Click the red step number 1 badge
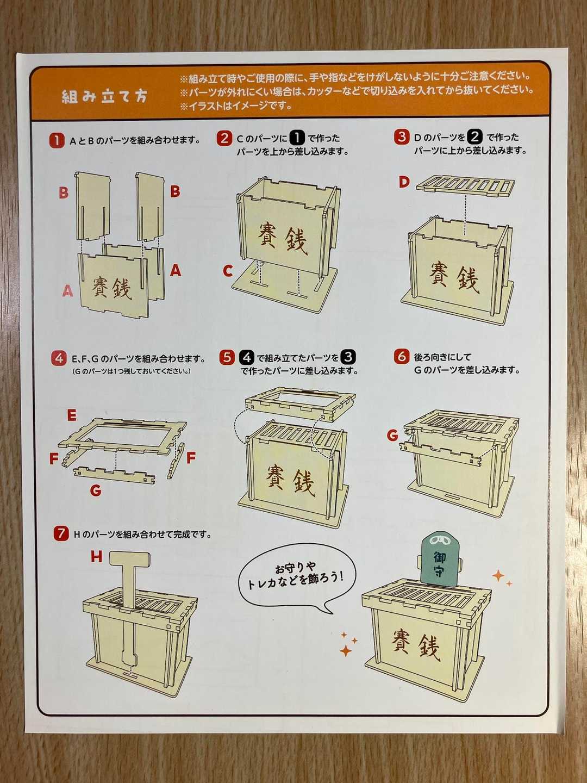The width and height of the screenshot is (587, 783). [x=57, y=140]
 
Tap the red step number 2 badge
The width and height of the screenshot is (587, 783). [x=224, y=138]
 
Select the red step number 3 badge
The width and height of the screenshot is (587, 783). [x=401, y=137]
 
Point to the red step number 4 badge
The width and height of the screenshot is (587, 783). [x=59, y=358]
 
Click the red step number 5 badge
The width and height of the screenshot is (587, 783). [x=227, y=357]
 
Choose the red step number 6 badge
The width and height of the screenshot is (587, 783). [x=401, y=356]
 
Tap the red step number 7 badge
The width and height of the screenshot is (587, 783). [x=60, y=533]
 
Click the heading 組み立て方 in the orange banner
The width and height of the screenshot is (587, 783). [x=104, y=96]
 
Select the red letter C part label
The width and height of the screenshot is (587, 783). [x=228, y=271]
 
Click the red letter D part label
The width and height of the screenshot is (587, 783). [x=404, y=182]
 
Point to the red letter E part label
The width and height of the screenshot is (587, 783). [x=72, y=415]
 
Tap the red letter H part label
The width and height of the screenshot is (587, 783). [x=96, y=556]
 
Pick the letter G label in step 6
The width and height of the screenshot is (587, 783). [x=392, y=435]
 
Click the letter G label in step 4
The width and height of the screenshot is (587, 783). [x=96, y=490]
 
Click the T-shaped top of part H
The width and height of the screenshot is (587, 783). [x=129, y=559]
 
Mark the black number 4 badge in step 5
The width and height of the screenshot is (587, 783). [x=247, y=357]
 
